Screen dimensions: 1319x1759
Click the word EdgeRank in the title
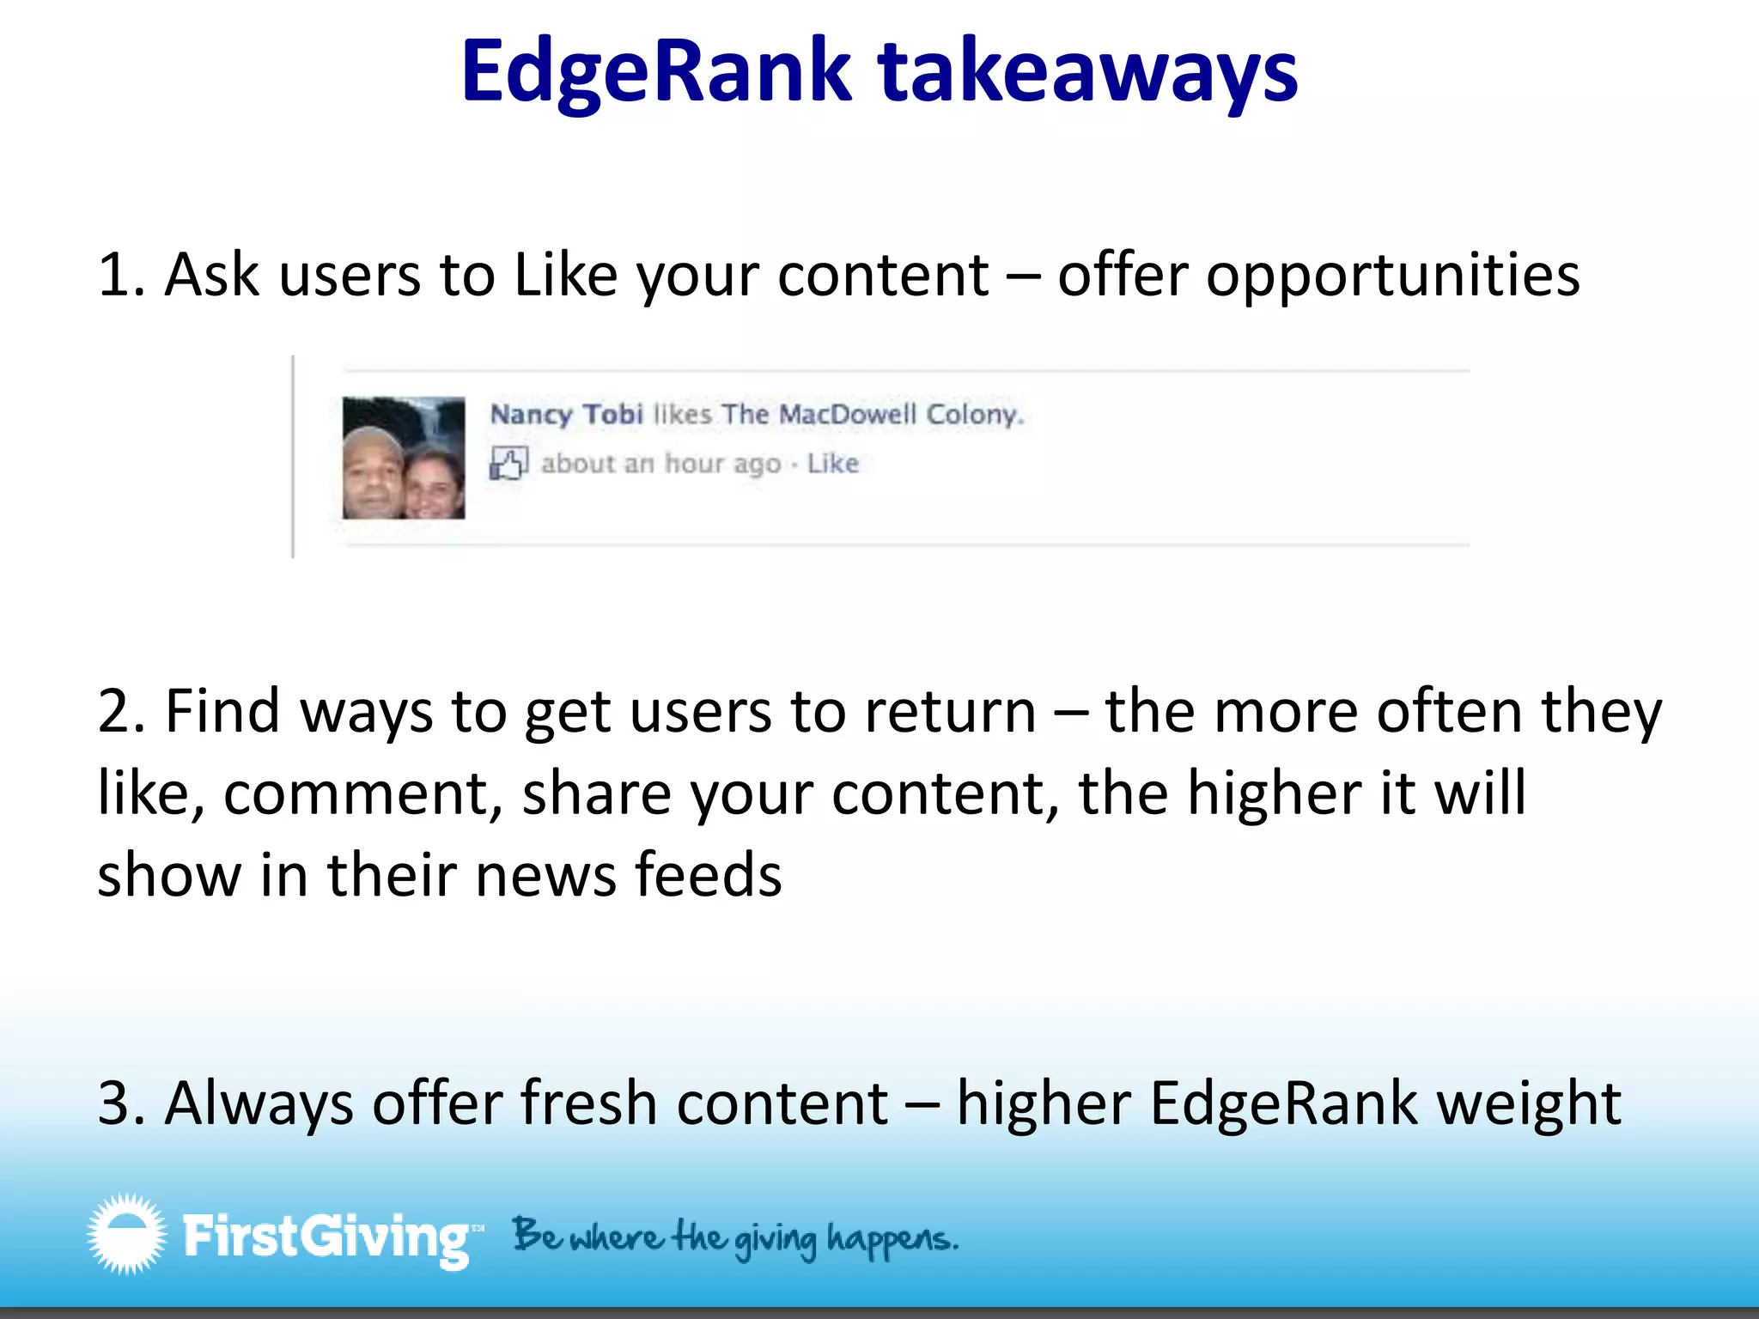click(656, 72)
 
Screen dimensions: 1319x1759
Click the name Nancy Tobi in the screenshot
click(566, 415)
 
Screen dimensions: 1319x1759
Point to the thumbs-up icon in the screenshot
click(508, 464)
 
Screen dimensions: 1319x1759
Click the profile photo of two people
click(404, 458)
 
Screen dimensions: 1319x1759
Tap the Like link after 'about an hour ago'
click(832, 464)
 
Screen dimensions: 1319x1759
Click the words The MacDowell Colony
click(873, 415)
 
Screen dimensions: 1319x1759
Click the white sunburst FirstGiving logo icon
click(127, 1234)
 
